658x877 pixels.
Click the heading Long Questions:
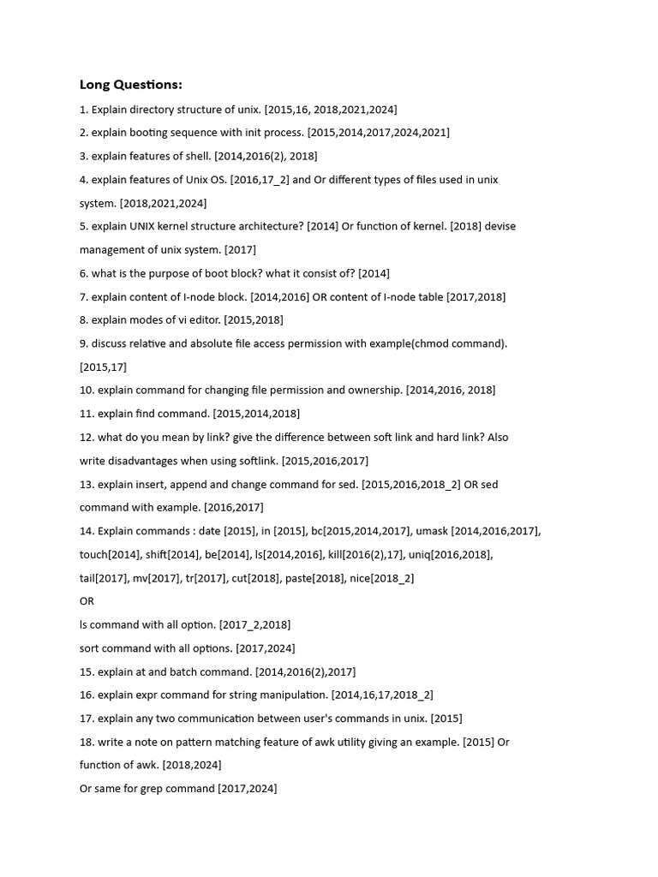pos(130,84)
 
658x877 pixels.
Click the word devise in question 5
pos(501,226)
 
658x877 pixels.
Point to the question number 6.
pos(84,273)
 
